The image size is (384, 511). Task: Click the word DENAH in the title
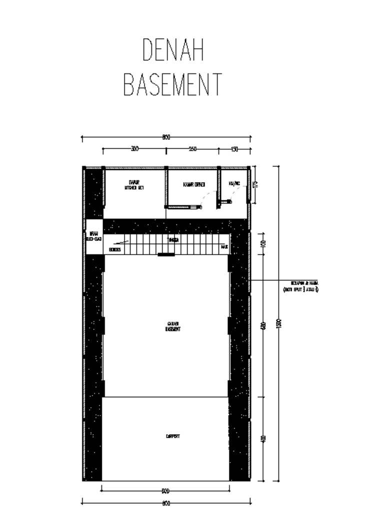tap(173, 50)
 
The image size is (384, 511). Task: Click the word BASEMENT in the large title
tap(172, 85)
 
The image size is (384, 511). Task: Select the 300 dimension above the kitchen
tap(134, 149)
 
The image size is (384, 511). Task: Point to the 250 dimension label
tap(192, 149)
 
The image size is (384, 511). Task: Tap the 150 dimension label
tap(234, 149)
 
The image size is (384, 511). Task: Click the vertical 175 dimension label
tap(255, 185)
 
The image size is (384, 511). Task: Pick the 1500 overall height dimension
tap(279, 323)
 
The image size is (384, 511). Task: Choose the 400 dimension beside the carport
tap(263, 439)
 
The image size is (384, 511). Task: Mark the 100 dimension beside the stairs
tap(263, 244)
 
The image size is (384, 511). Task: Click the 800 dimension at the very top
tap(166, 137)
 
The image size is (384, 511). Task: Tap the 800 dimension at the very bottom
tap(166, 503)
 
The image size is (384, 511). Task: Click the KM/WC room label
tap(234, 184)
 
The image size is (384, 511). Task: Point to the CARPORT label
tap(173, 437)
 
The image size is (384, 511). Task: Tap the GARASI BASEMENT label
tap(173, 327)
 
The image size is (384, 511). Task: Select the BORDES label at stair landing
tap(114, 249)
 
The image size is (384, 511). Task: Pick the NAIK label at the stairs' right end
tap(224, 247)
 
